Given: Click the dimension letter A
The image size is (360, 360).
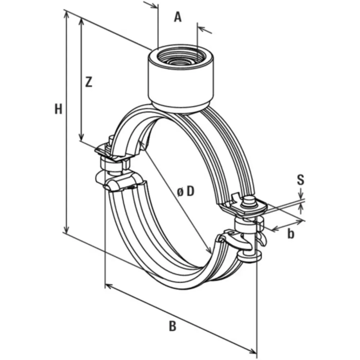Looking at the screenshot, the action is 177,17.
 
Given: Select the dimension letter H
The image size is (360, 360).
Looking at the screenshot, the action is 58,109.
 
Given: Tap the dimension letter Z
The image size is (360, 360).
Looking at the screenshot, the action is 89,82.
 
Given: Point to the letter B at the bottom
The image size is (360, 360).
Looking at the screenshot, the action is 172,326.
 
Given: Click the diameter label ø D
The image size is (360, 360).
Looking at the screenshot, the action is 186,191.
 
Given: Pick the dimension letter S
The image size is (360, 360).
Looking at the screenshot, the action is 301,180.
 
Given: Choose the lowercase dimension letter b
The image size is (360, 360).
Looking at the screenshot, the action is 291,234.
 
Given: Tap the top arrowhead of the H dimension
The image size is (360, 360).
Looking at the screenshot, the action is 67,14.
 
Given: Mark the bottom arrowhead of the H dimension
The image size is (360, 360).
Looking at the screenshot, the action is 67,229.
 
